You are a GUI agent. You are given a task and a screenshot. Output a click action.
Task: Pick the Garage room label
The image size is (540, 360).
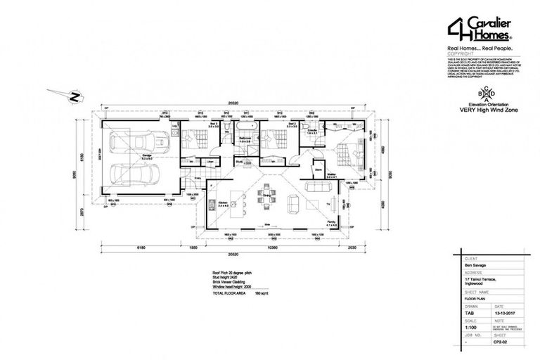tap(148, 157)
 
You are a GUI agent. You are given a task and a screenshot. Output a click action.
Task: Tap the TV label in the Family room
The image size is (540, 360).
tap(330, 204)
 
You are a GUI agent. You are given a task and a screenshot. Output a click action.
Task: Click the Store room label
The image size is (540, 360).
tap(318, 169)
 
